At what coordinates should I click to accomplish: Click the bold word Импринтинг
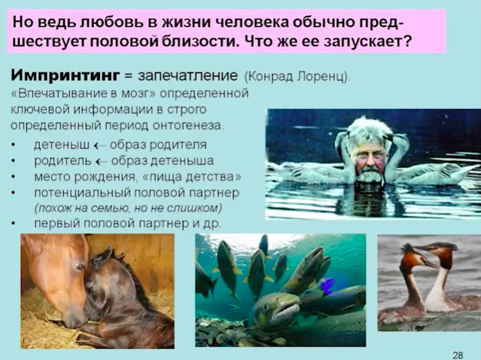[65, 75]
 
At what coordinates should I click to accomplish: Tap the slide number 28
[458, 355]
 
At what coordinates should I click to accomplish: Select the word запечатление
[187, 76]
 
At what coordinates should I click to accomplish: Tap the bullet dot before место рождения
[14, 178]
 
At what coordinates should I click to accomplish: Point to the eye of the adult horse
[80, 266]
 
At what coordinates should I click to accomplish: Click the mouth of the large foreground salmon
[288, 310]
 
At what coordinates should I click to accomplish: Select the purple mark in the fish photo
[327, 285]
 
